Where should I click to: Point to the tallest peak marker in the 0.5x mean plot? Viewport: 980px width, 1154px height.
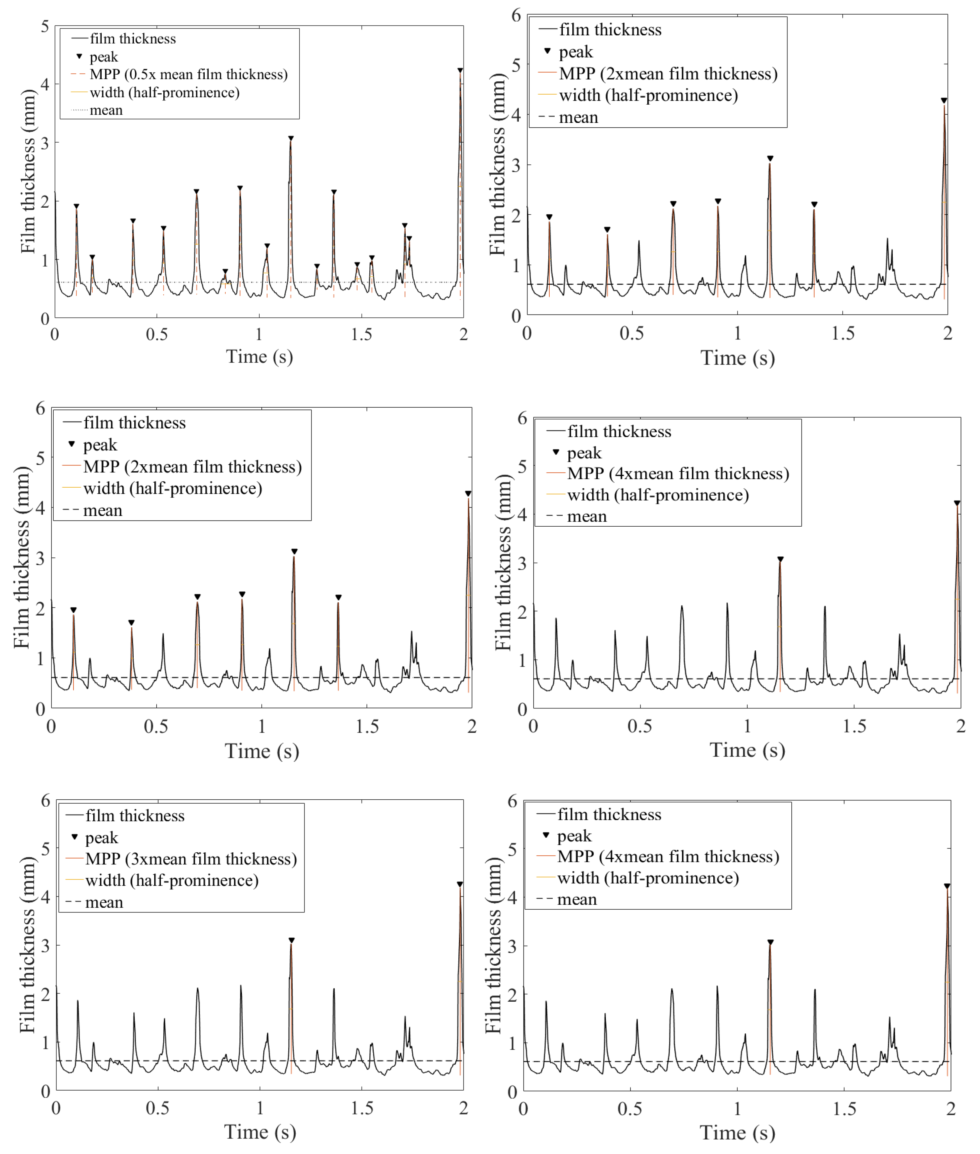(460, 70)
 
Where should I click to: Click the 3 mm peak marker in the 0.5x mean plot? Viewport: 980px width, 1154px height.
(291, 138)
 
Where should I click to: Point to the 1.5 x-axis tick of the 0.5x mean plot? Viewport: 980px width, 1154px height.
(361, 334)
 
